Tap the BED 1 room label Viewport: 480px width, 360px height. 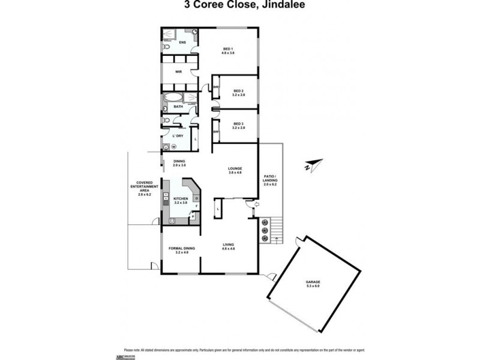(x=227, y=50)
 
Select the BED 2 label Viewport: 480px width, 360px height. (x=239, y=92)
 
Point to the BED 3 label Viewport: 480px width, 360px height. (x=239, y=125)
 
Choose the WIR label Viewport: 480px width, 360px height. (x=178, y=71)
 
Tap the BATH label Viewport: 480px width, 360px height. (x=178, y=107)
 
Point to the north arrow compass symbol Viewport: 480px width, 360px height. (x=313, y=164)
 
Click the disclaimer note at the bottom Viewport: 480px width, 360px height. (x=239, y=350)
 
